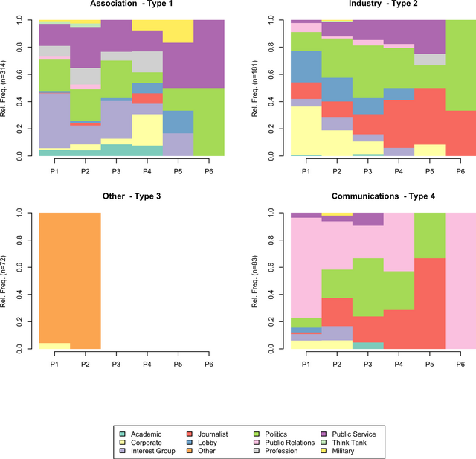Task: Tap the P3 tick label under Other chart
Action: [116, 364]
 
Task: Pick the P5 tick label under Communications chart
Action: [429, 364]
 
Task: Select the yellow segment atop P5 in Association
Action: [178, 31]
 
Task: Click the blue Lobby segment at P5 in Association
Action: [178, 122]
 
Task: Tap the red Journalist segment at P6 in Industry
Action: [460, 133]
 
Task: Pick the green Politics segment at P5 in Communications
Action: [429, 235]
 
